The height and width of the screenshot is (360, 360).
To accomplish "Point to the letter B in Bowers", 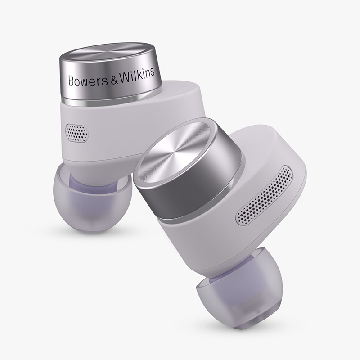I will click(70, 81).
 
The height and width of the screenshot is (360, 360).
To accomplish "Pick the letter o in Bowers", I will click(77, 81).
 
